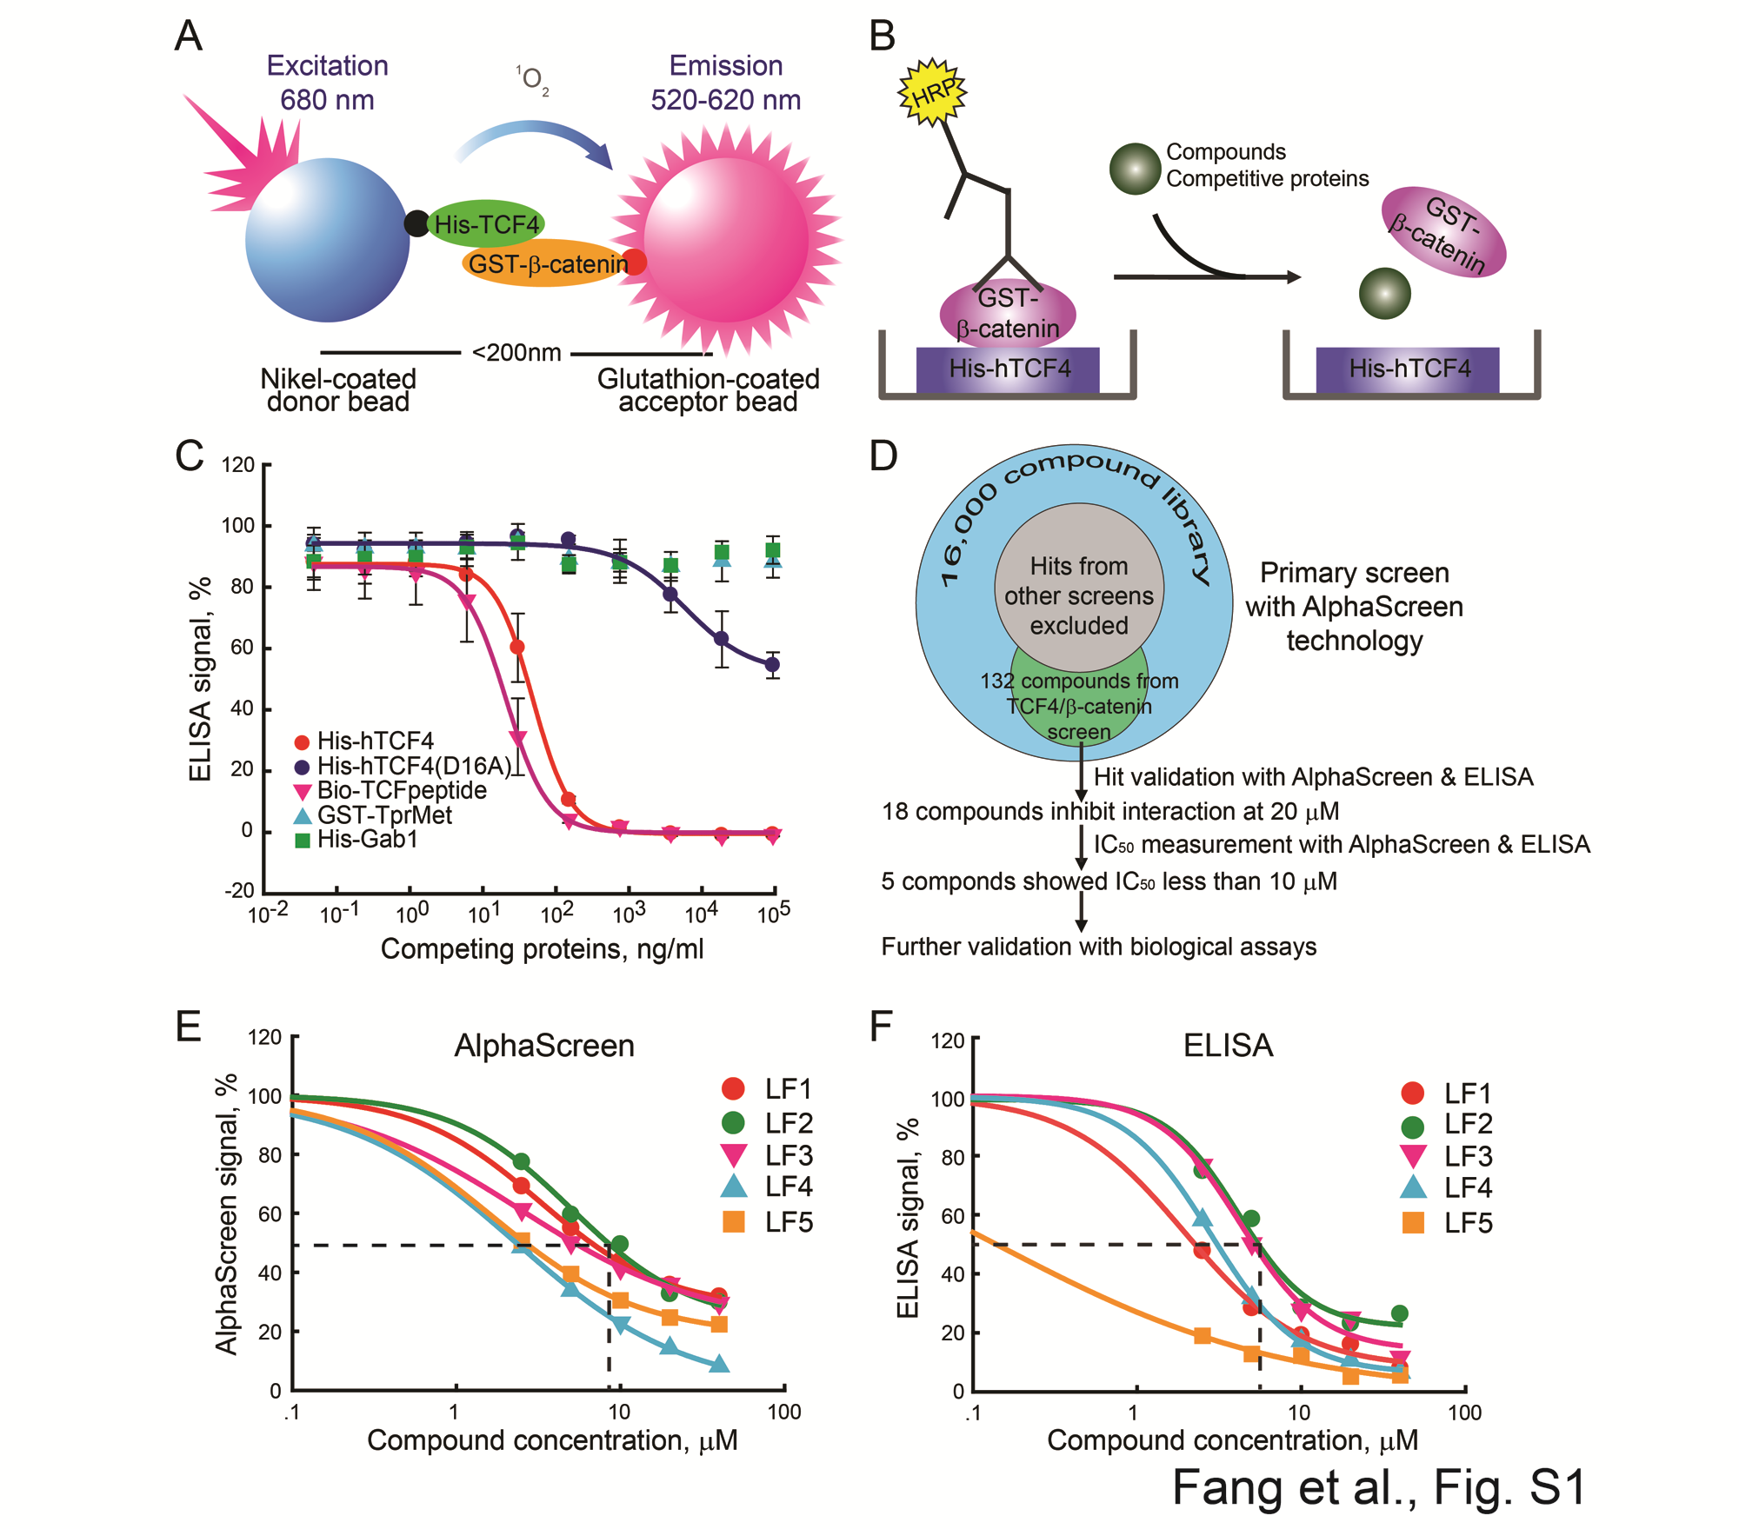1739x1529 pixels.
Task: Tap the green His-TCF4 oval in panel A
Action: pos(487,224)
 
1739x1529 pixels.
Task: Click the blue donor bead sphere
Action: pos(327,240)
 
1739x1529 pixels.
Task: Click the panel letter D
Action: pos(883,456)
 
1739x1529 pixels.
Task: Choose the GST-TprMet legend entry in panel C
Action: pos(374,815)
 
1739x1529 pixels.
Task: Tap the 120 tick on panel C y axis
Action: pos(237,465)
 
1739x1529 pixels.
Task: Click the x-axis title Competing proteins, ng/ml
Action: pos(542,948)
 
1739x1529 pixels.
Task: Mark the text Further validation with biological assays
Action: pos(1098,947)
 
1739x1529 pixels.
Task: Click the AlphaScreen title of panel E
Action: pos(544,1045)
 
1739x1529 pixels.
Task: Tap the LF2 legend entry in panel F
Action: pos(1448,1125)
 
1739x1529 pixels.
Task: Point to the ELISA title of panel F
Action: pos(1228,1045)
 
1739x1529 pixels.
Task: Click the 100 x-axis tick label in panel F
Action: pos(1464,1413)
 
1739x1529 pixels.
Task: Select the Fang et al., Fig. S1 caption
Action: pos(1379,1487)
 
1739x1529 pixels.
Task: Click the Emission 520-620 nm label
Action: pos(726,83)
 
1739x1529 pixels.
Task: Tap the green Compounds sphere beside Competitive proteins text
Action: pos(1135,168)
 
